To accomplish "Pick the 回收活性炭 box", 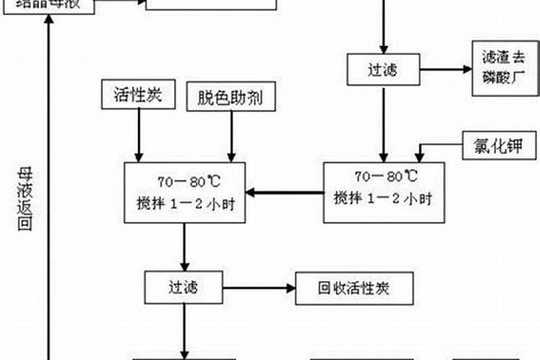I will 354,289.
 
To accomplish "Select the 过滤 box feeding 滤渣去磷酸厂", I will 383,70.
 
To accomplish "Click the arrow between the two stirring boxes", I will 284,192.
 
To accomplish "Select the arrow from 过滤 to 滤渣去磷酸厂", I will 441,70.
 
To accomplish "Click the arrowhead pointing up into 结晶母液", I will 48,22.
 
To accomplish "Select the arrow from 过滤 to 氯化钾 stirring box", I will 383,122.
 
